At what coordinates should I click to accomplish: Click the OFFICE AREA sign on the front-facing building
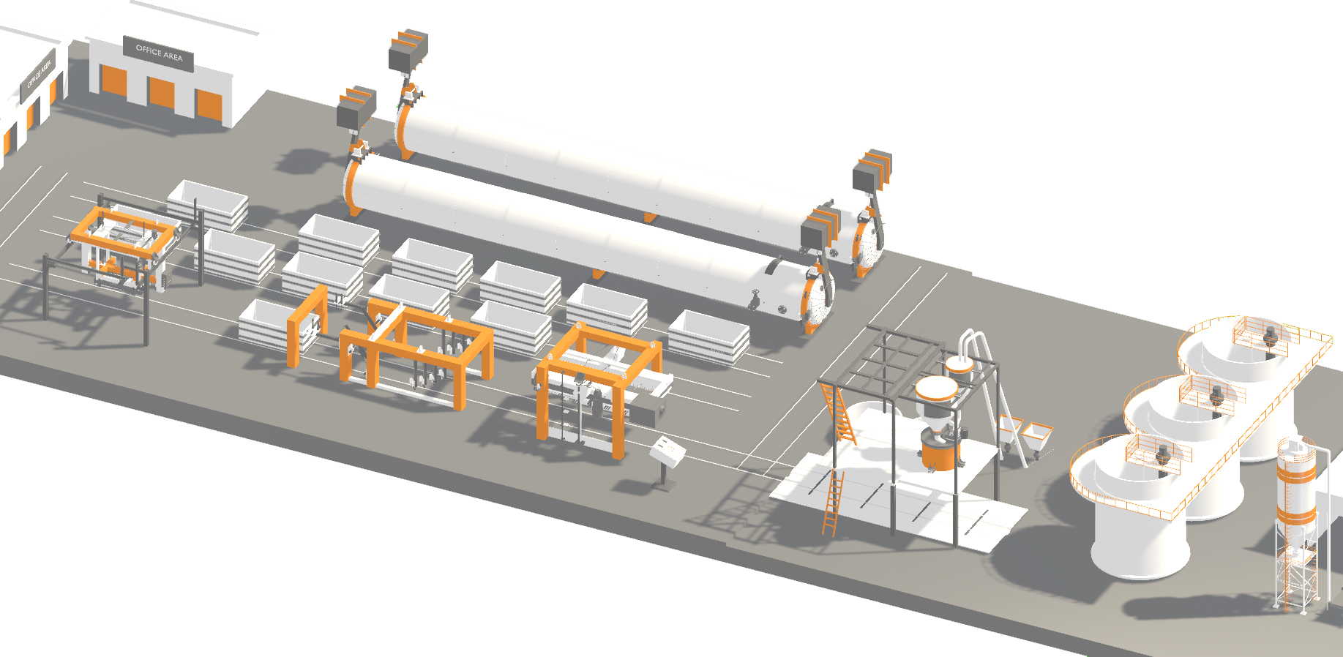pyautogui.click(x=158, y=53)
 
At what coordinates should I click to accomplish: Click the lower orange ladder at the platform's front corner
pyautogui.click(x=833, y=503)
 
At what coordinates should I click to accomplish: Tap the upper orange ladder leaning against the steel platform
pyautogui.click(x=840, y=413)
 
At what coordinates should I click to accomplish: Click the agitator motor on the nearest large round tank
pyautogui.click(x=1162, y=455)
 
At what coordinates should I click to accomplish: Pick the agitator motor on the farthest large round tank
pyautogui.click(x=1271, y=337)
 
